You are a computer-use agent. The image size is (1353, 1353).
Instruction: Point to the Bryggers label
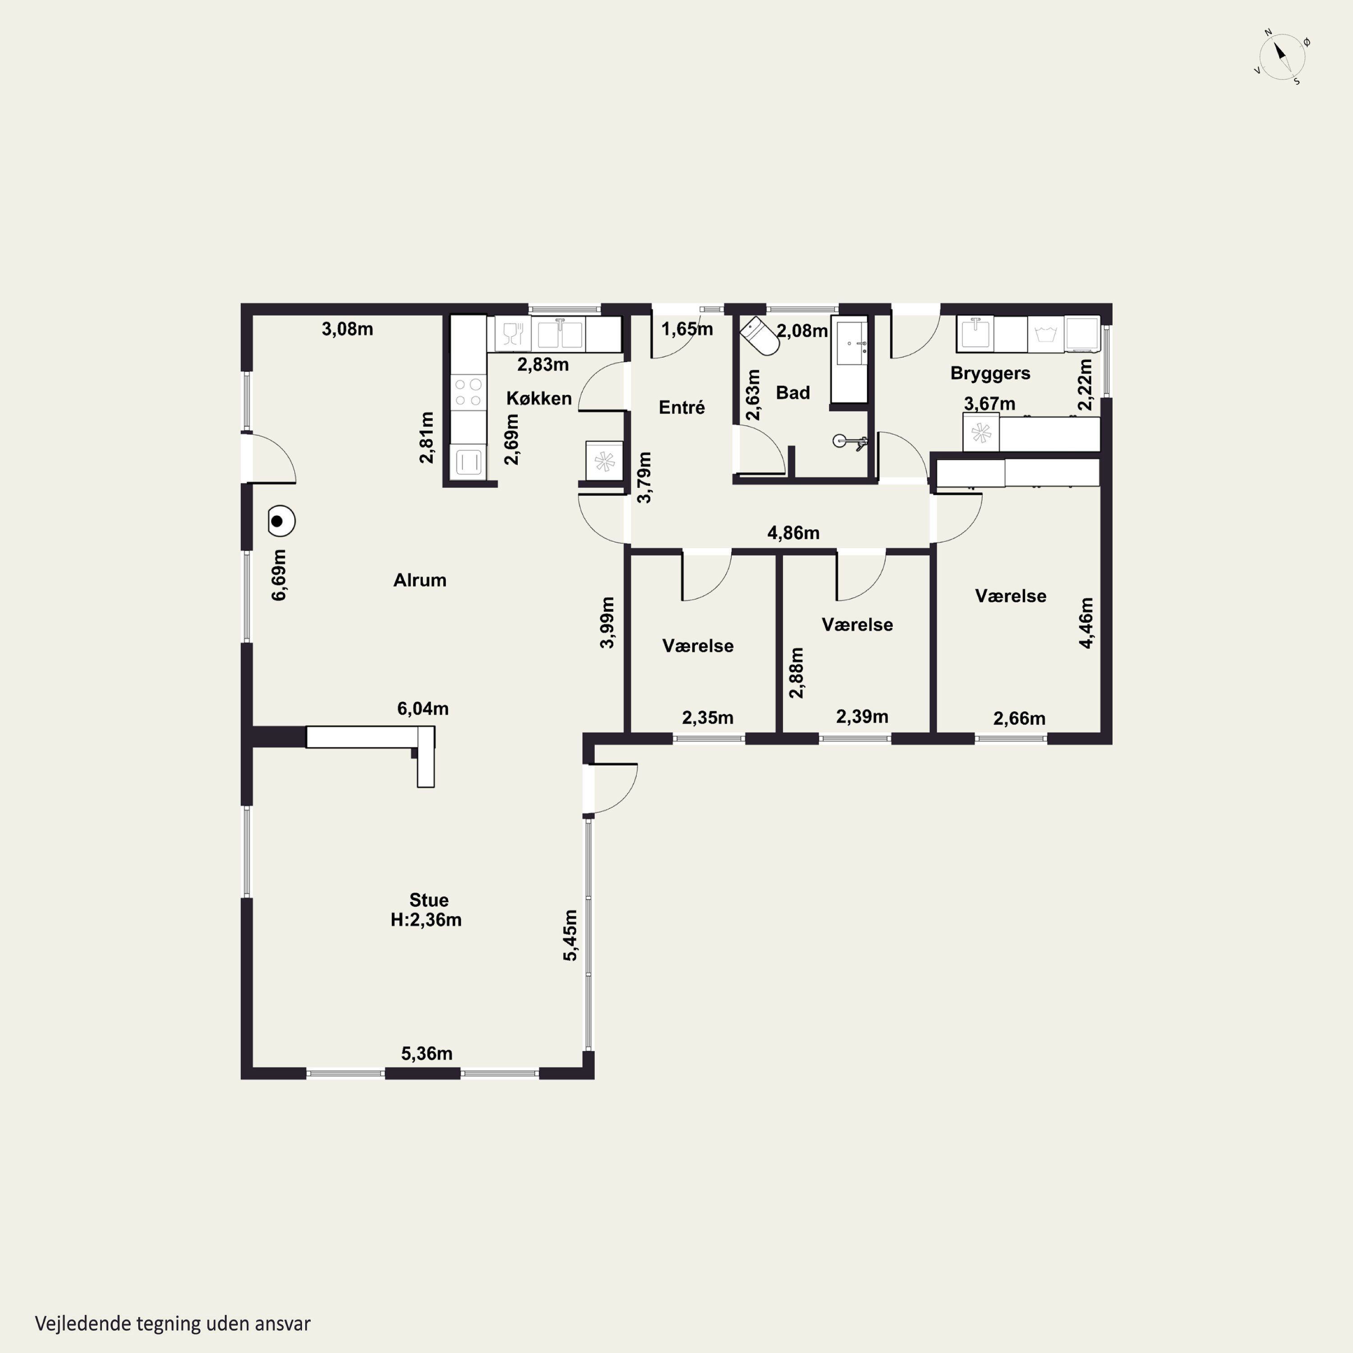pos(990,373)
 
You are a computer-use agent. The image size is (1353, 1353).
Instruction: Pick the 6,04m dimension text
pos(423,708)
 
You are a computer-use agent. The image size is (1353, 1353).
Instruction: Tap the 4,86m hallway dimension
pos(793,533)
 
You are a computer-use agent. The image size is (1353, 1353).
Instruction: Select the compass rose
pos(1282,57)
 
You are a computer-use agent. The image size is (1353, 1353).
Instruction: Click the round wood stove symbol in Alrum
pos(281,521)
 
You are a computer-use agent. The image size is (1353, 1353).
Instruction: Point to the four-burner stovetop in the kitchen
pos(468,392)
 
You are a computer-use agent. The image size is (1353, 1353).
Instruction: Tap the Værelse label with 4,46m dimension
pos(1011,596)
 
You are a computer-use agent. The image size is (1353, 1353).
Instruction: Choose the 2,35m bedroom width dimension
pos(708,718)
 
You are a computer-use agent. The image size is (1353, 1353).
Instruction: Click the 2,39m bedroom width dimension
pos(862,717)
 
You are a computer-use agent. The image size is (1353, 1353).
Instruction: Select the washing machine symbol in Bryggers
pos(1045,334)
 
